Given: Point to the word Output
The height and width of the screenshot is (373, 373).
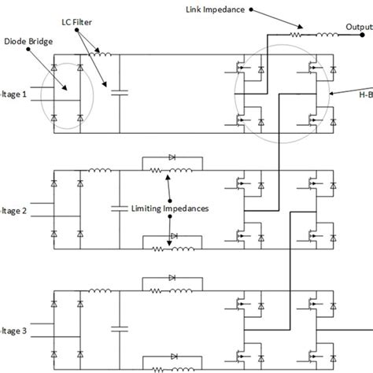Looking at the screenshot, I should (x=359, y=28).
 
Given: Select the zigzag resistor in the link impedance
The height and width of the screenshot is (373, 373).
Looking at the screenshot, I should (x=297, y=34).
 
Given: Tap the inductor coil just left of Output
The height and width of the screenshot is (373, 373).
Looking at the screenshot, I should (x=326, y=34).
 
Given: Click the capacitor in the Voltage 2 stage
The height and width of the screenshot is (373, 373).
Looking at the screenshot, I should (x=120, y=209).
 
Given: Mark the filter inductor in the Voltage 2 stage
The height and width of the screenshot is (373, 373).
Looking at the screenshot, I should (x=100, y=172).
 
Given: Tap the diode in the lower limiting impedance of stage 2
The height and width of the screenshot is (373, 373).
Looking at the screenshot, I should (x=173, y=235).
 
